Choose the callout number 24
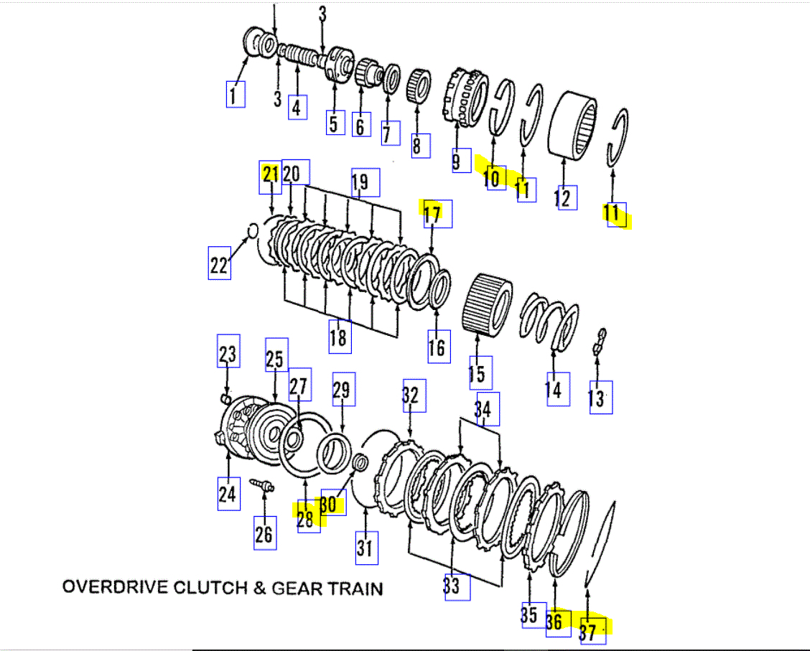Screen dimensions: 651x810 click(x=228, y=493)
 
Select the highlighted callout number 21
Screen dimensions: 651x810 click(x=270, y=174)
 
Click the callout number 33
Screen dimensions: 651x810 click(x=452, y=585)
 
